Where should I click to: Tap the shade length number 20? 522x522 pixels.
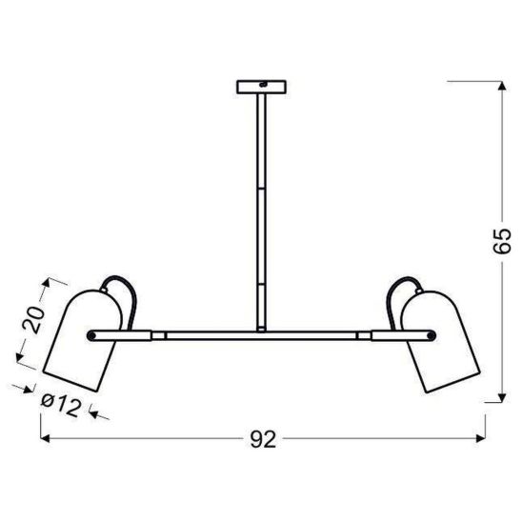pyautogui.click(x=31, y=319)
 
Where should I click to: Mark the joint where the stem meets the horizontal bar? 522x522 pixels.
pyautogui.click(x=260, y=331)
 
